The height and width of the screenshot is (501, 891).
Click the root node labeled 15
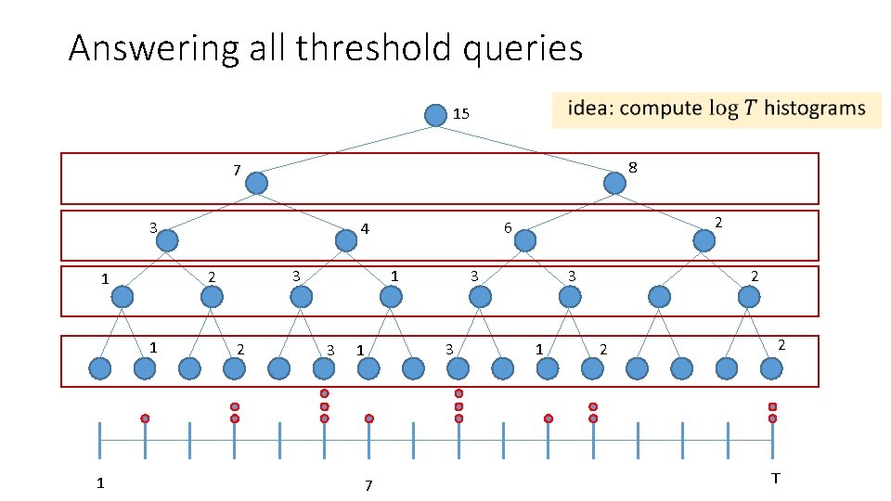[x=435, y=115]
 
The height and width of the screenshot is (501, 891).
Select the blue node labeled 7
[x=256, y=184]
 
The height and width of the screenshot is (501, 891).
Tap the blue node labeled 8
[x=614, y=184]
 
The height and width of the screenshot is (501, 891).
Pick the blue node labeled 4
[x=346, y=240]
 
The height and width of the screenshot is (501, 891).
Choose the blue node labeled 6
[x=525, y=240]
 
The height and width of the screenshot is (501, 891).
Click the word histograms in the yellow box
[x=818, y=109]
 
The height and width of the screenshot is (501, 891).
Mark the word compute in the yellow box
[x=661, y=109]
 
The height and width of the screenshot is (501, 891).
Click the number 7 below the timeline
[x=368, y=485]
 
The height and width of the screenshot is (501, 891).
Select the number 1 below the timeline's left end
[x=100, y=482]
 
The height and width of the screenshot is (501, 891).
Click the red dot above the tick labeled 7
[x=369, y=418]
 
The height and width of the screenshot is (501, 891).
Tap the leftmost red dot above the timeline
[x=145, y=418]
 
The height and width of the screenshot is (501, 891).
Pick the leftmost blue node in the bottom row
[x=100, y=368]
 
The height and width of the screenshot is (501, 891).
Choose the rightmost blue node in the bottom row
[x=771, y=368]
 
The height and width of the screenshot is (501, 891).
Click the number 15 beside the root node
[x=461, y=114]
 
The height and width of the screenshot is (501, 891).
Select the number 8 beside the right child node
[x=632, y=167]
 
